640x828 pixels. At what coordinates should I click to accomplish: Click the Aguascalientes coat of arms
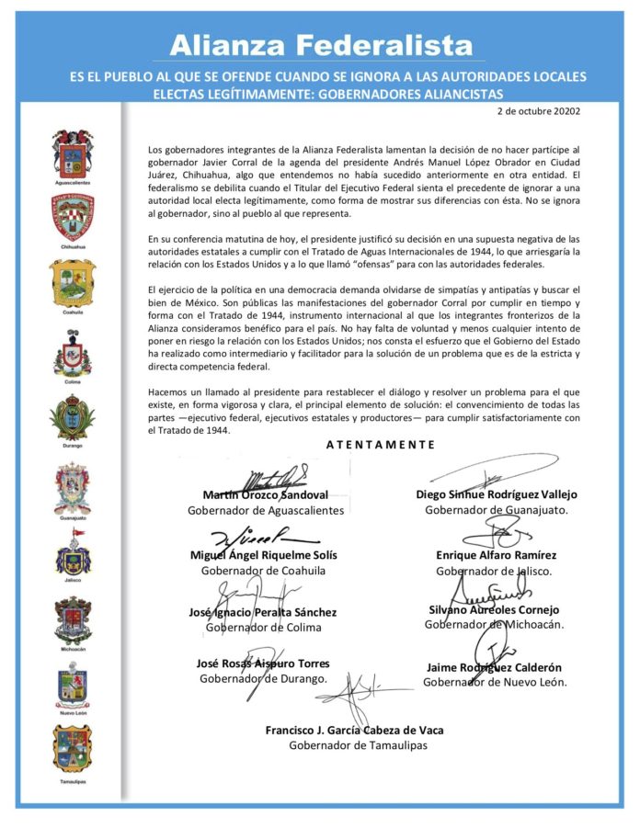73,153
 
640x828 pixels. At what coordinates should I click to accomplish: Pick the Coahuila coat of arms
73,282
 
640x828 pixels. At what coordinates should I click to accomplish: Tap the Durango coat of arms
73,418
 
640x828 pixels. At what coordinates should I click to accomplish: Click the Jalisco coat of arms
73,557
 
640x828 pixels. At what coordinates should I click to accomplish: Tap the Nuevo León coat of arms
73,687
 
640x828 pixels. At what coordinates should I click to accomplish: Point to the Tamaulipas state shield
73,749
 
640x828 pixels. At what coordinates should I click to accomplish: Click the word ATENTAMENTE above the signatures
380,445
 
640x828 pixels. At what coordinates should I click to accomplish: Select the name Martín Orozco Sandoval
265,495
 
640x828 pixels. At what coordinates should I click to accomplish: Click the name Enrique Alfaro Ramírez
496,555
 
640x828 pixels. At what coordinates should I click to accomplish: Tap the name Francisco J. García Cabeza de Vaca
354,730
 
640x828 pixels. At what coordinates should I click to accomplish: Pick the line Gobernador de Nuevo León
495,682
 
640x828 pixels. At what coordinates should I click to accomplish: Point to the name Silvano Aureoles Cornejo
494,609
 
